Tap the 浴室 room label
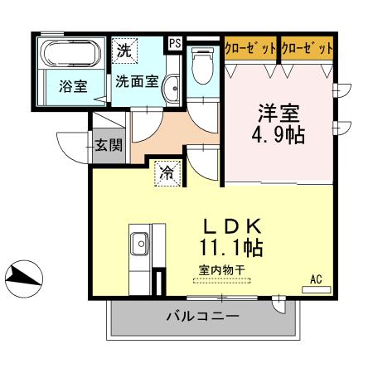tap(73, 85)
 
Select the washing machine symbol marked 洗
tap(124, 50)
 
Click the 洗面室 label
tap(136, 81)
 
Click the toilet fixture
tap(202, 65)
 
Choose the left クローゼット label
tap(250, 49)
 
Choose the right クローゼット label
tap(307, 49)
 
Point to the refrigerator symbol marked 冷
tap(166, 173)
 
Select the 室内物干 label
tap(220, 269)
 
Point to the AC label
tap(316, 279)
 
